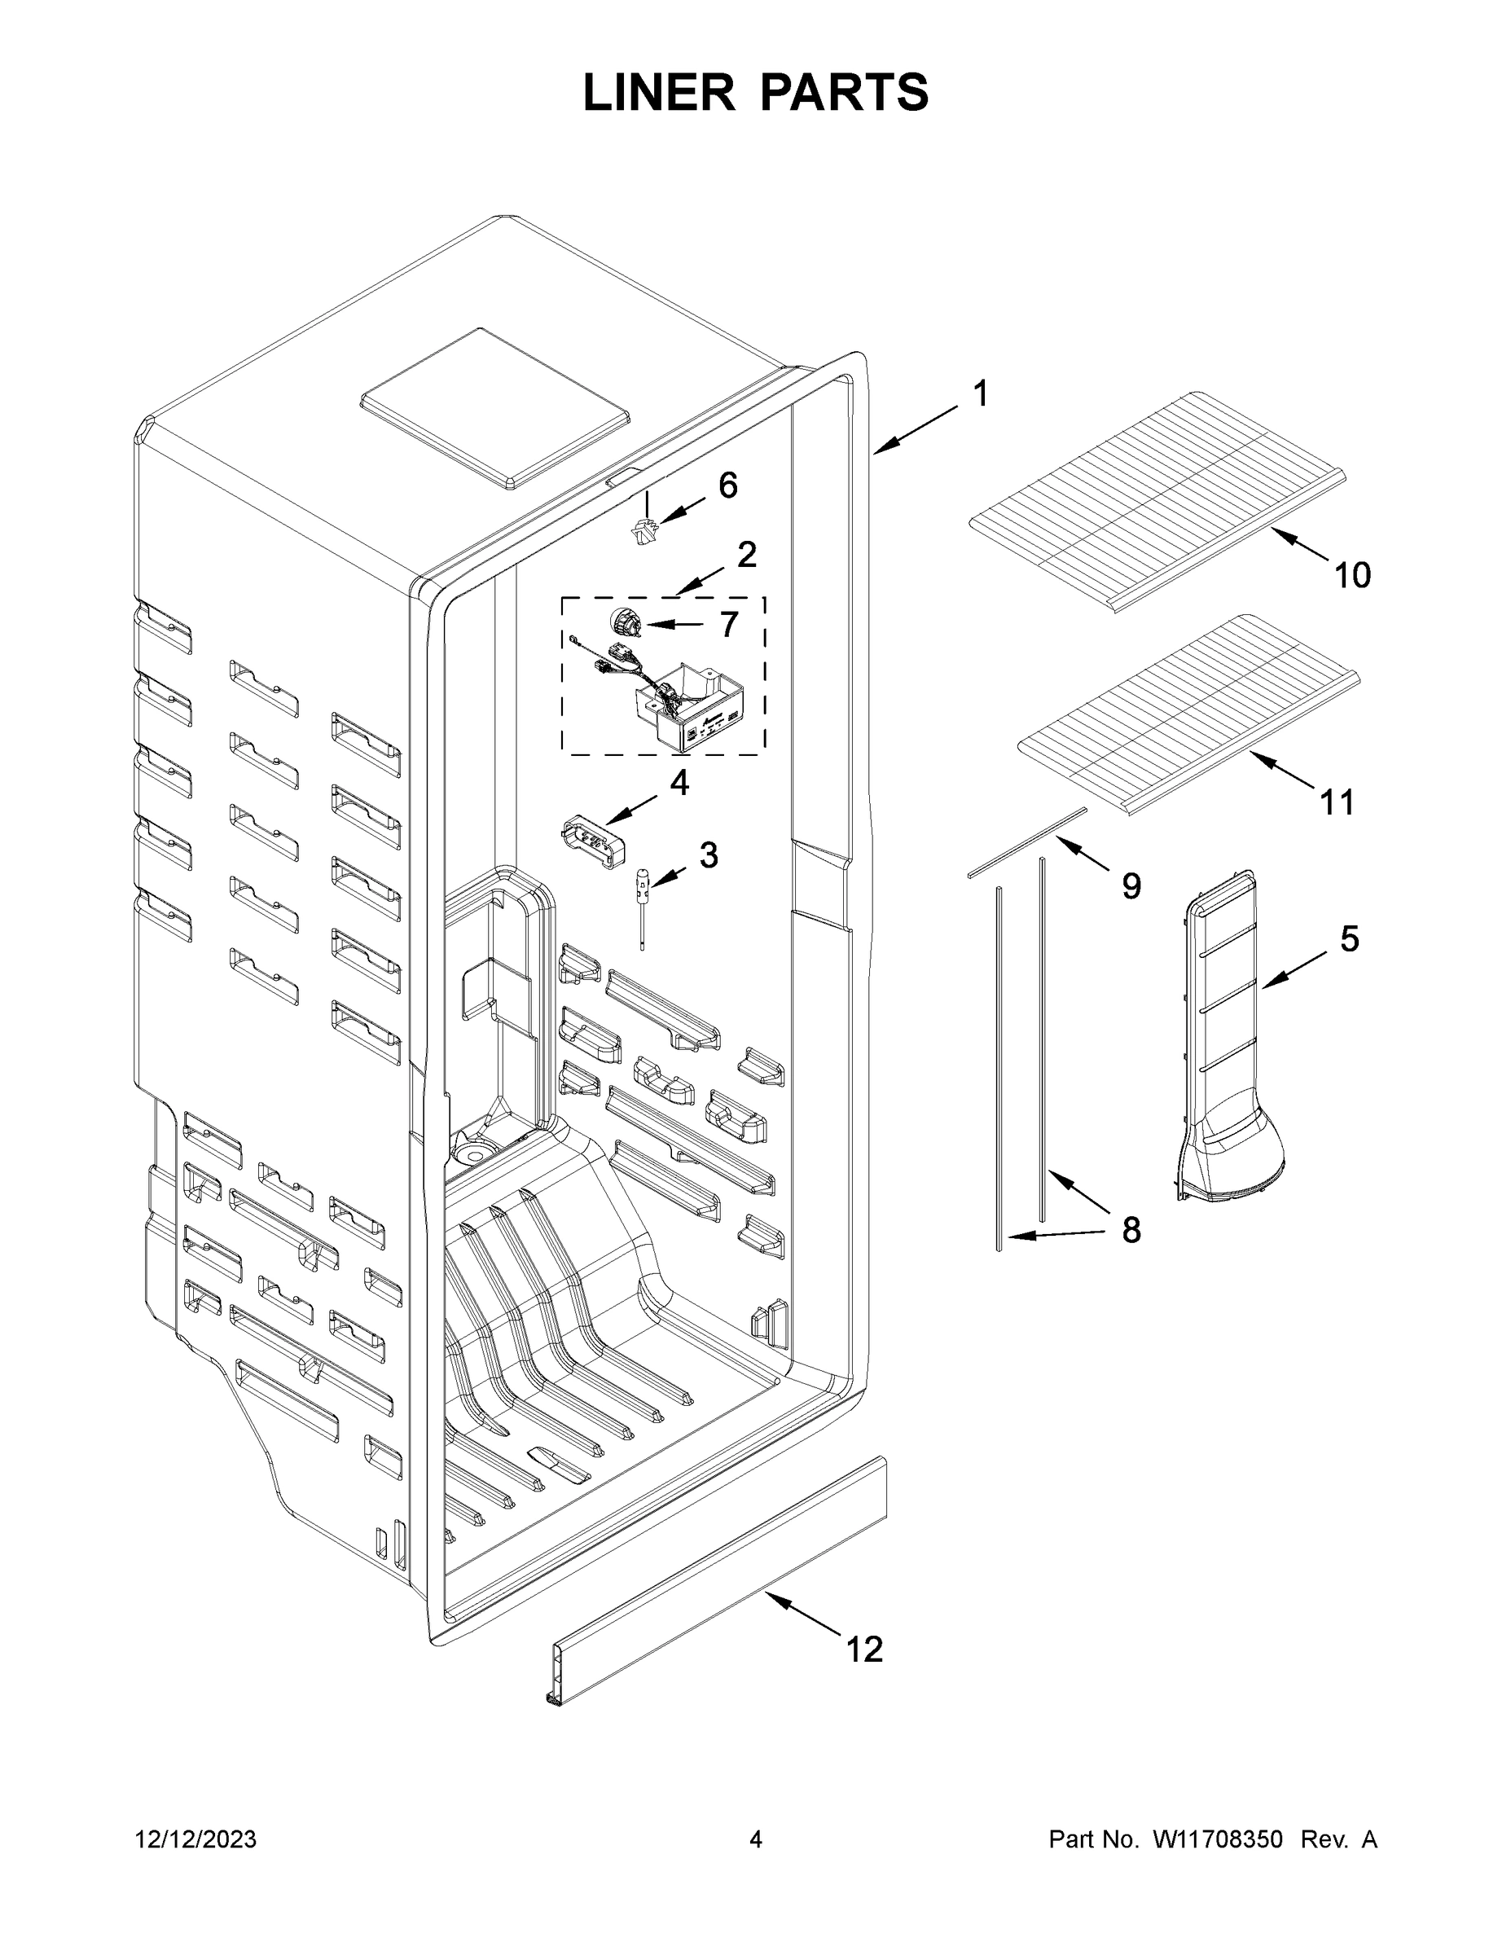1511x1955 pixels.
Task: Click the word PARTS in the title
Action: (x=845, y=93)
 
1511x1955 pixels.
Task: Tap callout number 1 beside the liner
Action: (x=981, y=394)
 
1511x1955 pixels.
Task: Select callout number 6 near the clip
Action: (x=727, y=485)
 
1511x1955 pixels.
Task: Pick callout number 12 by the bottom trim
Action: (x=865, y=1648)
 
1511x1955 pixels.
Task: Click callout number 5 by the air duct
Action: (x=1349, y=939)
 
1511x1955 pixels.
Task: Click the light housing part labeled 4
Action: (x=591, y=842)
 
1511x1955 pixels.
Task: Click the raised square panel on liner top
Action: (x=494, y=408)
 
